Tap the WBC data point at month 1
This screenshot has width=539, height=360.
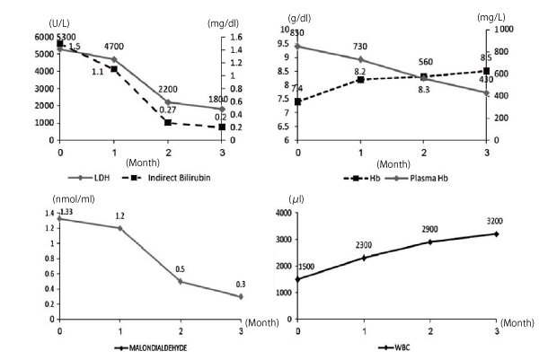pyautogui.click(x=362, y=258)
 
